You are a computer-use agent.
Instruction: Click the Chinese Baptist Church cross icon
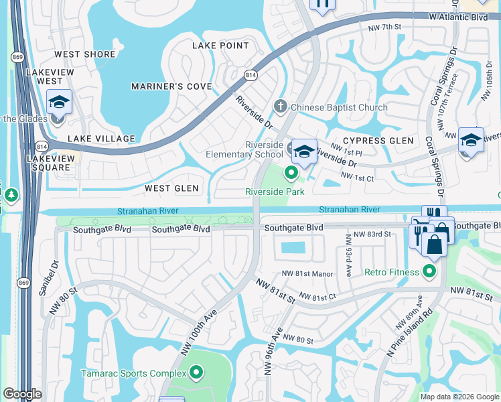click(281, 107)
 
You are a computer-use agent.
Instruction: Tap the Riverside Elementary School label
click(245, 150)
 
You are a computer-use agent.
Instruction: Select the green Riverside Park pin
click(291, 174)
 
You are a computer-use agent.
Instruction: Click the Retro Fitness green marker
click(429, 271)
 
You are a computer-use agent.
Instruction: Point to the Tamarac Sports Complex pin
click(196, 373)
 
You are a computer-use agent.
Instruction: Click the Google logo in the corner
click(23, 394)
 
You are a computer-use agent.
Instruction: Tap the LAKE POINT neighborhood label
click(220, 46)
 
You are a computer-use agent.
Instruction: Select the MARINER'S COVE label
click(171, 86)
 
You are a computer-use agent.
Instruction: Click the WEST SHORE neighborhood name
click(86, 54)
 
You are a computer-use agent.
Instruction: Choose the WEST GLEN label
click(172, 188)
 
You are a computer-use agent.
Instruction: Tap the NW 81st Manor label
click(307, 273)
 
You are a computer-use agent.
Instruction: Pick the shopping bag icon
click(434, 243)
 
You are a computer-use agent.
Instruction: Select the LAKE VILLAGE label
click(90, 138)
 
